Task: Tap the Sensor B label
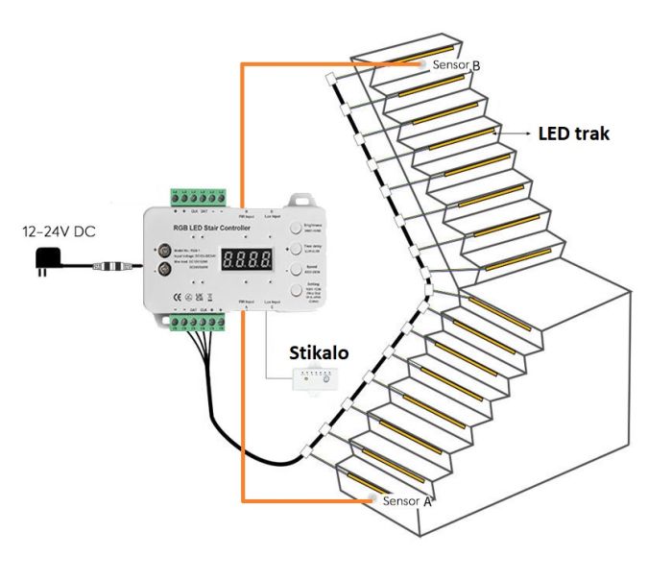tap(456, 65)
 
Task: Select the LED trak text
tap(573, 133)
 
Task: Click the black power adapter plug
tap(42, 259)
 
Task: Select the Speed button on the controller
tap(294, 268)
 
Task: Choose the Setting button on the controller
tap(294, 291)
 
